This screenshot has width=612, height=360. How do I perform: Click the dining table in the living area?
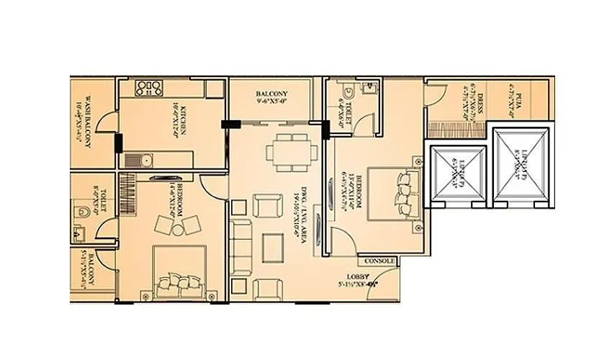click(292, 152)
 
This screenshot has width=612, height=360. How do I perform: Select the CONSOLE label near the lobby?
click(379, 261)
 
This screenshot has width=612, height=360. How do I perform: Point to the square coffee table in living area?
click(274, 247)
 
